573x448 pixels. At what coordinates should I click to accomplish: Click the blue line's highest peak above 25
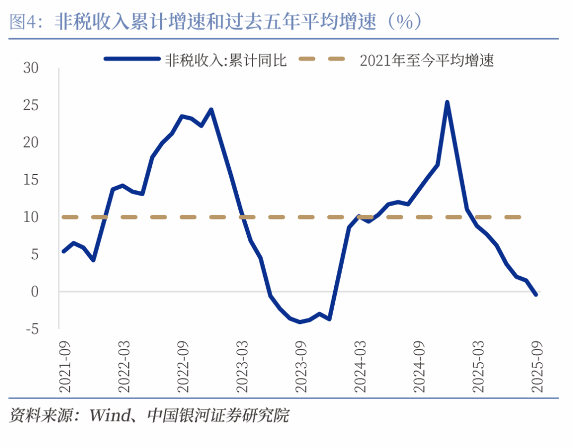pyautogui.click(x=447, y=102)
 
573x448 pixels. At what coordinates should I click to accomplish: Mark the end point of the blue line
pyautogui.click(x=535, y=294)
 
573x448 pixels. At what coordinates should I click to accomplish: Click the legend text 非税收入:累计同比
pyautogui.click(x=226, y=60)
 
